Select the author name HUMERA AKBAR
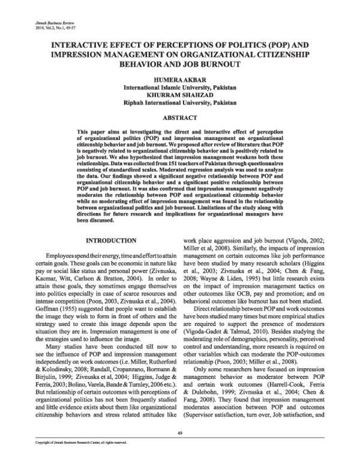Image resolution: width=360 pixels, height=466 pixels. tap(179, 79)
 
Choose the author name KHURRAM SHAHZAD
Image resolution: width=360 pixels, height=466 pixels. tap(179, 95)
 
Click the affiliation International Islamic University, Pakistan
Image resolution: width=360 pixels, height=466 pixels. tap(179, 87)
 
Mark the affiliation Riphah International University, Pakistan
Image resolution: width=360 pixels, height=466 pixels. tap(179, 103)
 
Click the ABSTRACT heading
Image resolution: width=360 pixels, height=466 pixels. tap(179, 118)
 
